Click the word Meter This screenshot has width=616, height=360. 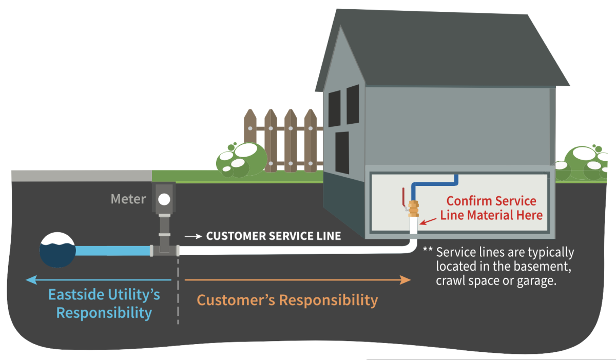(128, 199)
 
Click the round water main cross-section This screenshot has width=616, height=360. (57, 250)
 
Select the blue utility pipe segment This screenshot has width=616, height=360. (113, 251)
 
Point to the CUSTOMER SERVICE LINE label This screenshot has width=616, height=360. (273, 236)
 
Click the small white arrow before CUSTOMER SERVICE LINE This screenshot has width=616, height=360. (193, 236)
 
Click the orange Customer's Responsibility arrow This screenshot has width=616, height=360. (298, 280)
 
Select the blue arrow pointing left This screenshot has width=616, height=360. (98, 280)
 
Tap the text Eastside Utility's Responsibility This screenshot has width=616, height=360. (104, 304)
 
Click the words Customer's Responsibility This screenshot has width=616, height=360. (287, 300)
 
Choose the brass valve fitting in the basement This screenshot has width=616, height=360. (413, 209)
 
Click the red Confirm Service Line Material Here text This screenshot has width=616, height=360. (491, 208)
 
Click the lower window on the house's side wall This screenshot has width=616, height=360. (342, 148)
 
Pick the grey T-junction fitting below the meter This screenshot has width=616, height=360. (164, 249)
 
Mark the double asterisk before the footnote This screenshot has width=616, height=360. (427, 252)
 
